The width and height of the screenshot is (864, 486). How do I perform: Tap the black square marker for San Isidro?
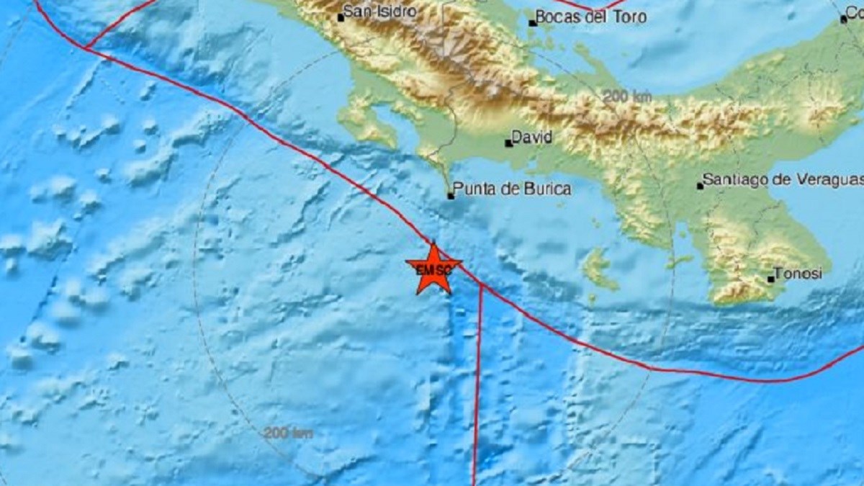341,17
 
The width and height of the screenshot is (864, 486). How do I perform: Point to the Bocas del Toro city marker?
533,23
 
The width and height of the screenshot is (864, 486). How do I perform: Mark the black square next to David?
509,143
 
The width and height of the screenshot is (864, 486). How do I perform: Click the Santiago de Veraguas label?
782,179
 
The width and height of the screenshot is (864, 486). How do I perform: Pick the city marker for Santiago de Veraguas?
700,186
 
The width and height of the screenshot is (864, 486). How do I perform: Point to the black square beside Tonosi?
771,279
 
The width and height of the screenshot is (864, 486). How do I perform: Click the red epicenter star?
433,269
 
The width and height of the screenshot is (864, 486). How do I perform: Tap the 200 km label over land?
626,96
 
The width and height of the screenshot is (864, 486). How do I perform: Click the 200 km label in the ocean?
288,433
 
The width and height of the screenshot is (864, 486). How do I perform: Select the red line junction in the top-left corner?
86,48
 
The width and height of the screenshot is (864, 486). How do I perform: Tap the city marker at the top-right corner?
845,19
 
